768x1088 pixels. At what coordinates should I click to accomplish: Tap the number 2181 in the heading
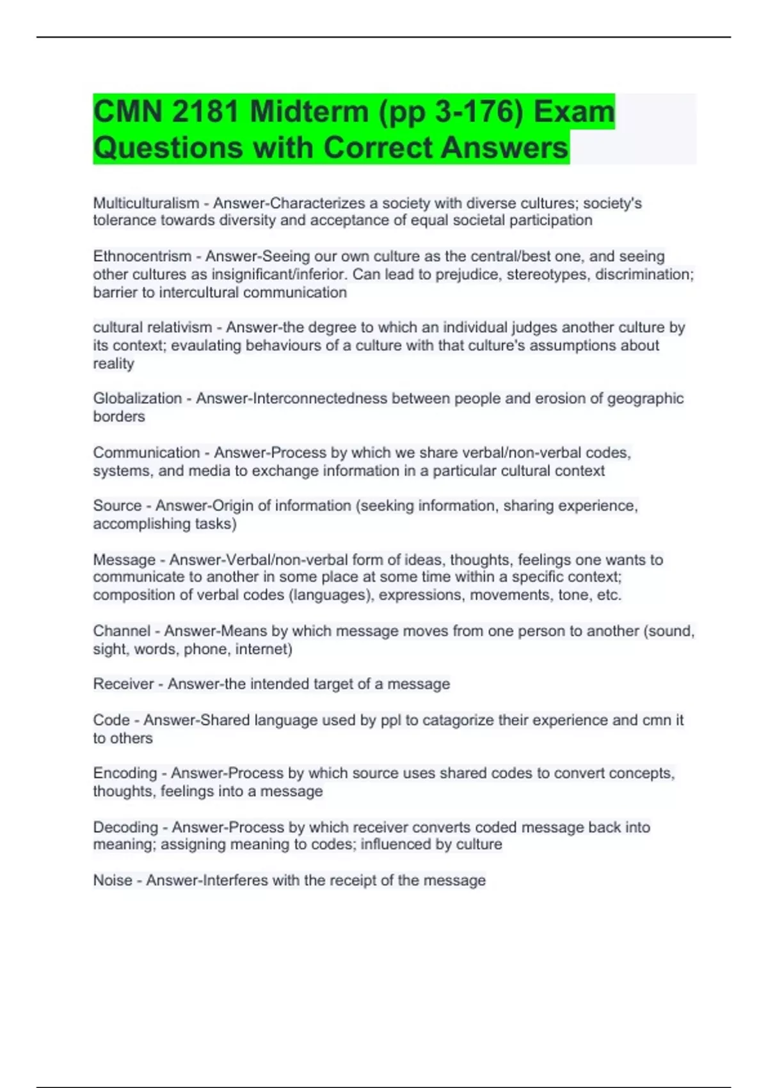(204, 112)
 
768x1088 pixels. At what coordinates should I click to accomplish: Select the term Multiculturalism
(146, 203)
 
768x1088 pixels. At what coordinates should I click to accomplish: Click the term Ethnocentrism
(142, 256)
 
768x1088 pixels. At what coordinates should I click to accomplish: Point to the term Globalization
(138, 398)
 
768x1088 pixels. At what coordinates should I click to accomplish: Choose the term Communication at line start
(147, 452)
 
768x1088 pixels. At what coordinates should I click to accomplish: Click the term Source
(117, 506)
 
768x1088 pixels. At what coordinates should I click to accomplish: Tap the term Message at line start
(124, 559)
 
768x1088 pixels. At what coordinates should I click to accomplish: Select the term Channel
(122, 630)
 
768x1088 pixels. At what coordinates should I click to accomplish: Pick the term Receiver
(124, 684)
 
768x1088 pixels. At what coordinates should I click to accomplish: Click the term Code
(111, 720)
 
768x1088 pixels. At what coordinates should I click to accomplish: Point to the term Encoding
(125, 773)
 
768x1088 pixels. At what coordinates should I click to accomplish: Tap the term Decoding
(125, 827)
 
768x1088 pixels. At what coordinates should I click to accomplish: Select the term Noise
(113, 880)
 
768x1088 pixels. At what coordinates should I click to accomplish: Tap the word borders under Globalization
(119, 417)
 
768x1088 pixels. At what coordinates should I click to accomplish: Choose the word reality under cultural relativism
(114, 364)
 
